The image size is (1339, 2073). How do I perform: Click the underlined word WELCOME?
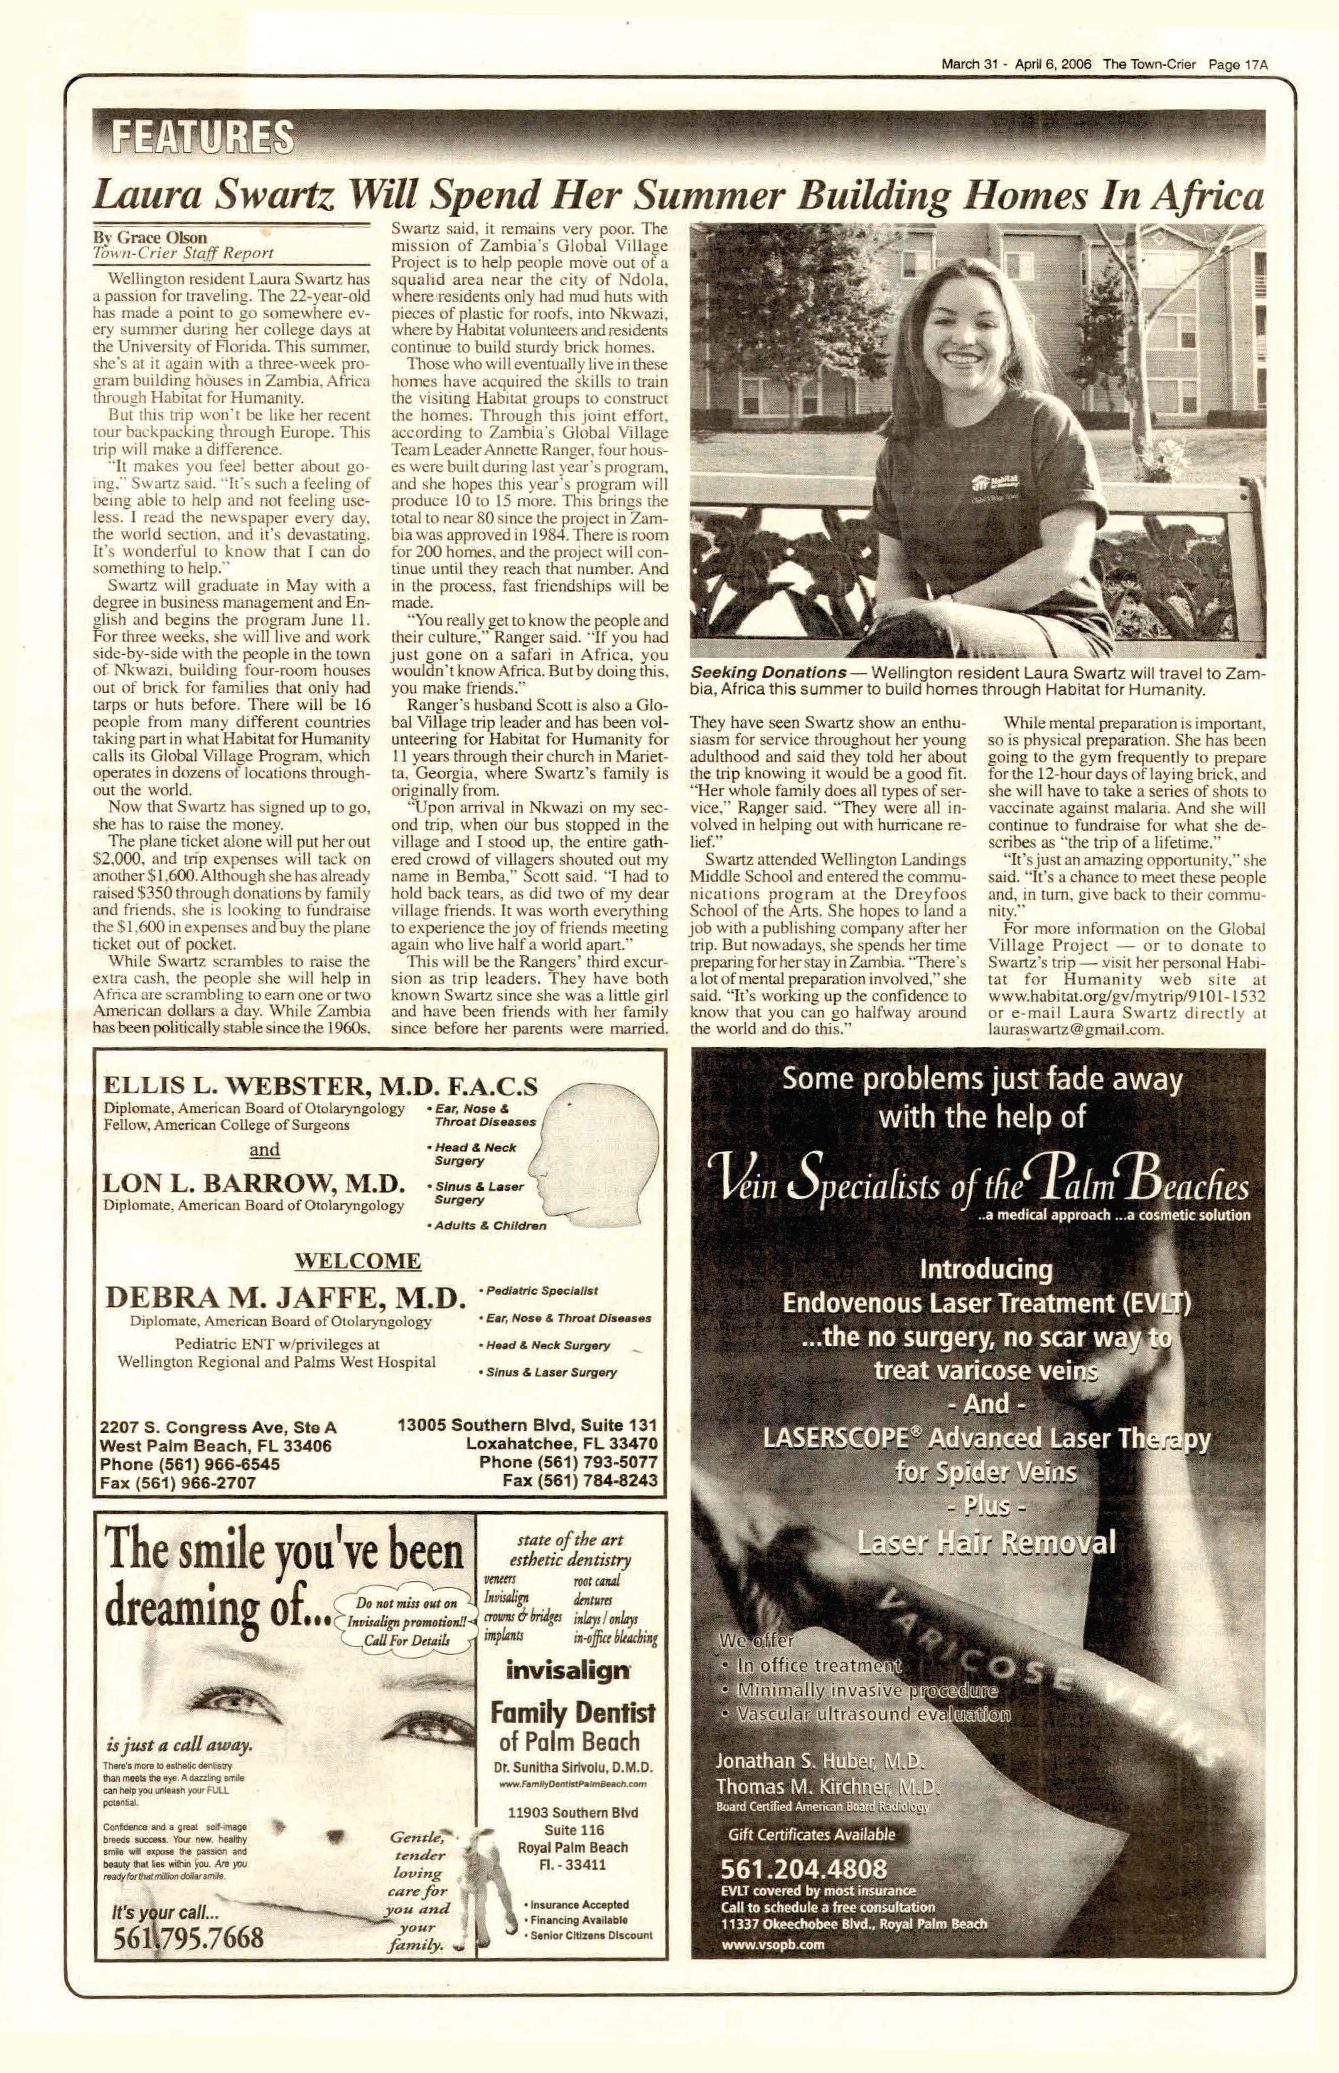click(x=357, y=1261)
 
